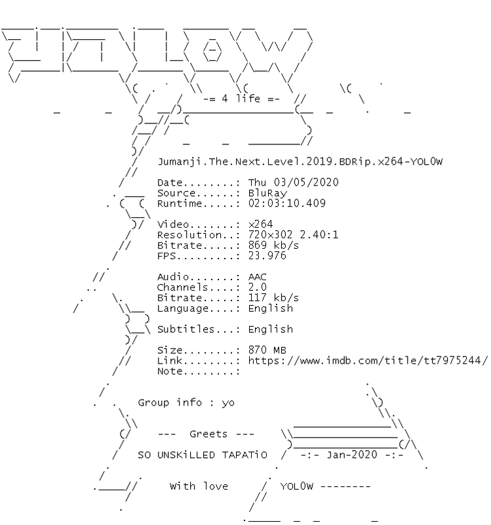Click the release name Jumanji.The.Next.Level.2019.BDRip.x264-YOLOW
point(300,161)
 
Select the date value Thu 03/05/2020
point(293,182)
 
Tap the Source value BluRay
point(267,193)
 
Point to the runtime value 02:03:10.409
point(287,203)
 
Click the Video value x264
point(260,224)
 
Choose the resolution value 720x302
point(270,235)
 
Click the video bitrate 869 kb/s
point(273,245)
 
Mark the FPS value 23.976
point(267,256)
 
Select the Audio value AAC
point(258,277)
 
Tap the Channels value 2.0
point(258,287)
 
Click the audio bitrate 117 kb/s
point(273,298)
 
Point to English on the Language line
point(271,308)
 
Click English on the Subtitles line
point(271,329)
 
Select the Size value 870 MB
point(267,350)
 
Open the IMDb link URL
point(368,360)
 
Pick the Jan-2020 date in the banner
point(352,455)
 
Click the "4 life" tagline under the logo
point(241,99)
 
